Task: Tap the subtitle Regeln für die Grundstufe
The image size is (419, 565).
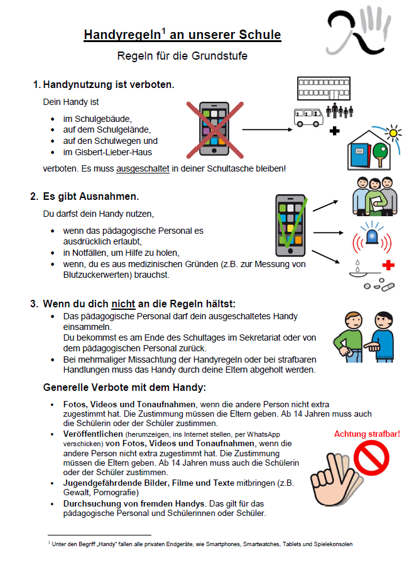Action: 182,56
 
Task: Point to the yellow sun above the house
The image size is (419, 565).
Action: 394,133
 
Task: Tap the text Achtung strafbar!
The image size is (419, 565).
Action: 367,434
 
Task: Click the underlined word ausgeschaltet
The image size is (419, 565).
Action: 144,168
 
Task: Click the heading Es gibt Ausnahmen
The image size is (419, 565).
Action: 90,197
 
